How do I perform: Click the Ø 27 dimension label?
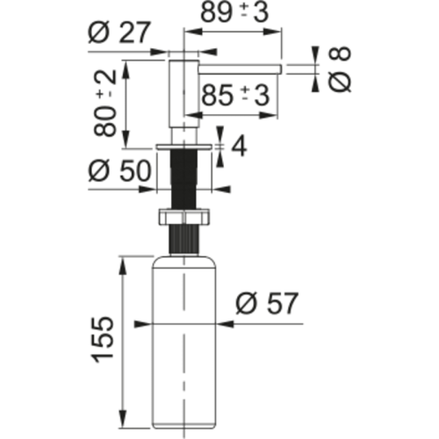[119, 32]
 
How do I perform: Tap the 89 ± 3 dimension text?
[234, 12]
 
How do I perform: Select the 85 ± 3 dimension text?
[235, 96]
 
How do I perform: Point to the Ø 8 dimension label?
[340, 69]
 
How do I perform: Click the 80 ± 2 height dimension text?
[105, 104]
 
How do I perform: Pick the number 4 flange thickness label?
[239, 147]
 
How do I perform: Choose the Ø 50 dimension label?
[119, 170]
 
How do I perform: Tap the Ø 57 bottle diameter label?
[267, 304]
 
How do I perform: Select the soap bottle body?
[184, 345]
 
